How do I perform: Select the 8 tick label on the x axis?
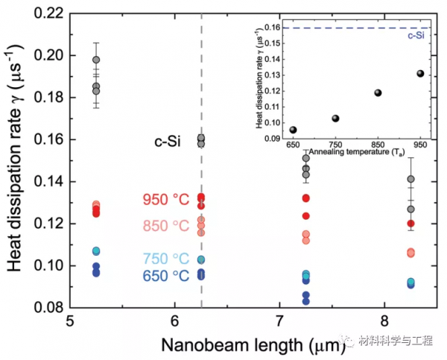[x=384, y=323]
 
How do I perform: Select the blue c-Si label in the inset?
[x=422, y=35]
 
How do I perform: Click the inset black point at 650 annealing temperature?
[x=293, y=130]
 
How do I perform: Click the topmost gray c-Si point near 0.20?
[x=96, y=60]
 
